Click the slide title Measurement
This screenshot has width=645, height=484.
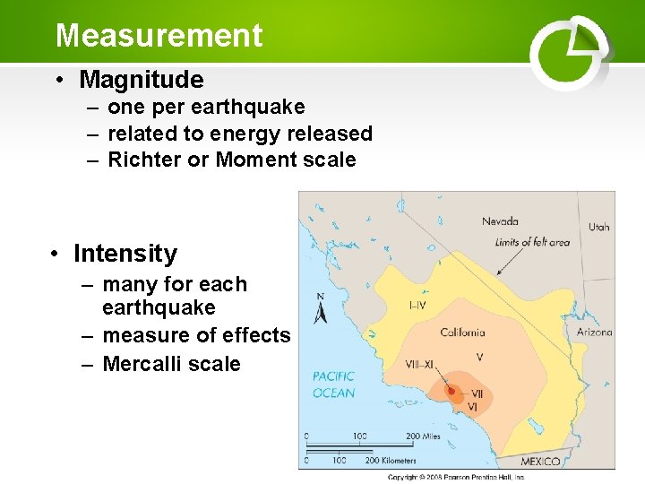coord(159,36)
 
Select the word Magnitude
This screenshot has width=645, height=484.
coord(142,80)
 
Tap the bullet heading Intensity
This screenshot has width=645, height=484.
coord(125,254)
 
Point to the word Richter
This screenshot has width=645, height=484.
coord(144,160)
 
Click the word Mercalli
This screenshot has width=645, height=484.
coord(140,364)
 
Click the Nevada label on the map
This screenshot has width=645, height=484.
coord(500,221)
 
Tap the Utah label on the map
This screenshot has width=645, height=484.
coord(598,227)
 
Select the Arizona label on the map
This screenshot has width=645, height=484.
coord(594,332)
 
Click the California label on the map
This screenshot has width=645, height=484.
coord(462,333)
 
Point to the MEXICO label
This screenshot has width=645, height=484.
coord(540,462)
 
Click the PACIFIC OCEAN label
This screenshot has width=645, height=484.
coord(333,385)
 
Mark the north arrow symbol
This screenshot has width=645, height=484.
coord(321,311)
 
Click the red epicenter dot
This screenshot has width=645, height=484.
coord(451,391)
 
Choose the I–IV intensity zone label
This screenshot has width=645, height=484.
coord(417,306)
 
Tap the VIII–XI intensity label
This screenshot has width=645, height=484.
coord(419,365)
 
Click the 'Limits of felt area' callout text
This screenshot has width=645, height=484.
coord(532,242)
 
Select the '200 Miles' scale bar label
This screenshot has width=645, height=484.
coord(426,436)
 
